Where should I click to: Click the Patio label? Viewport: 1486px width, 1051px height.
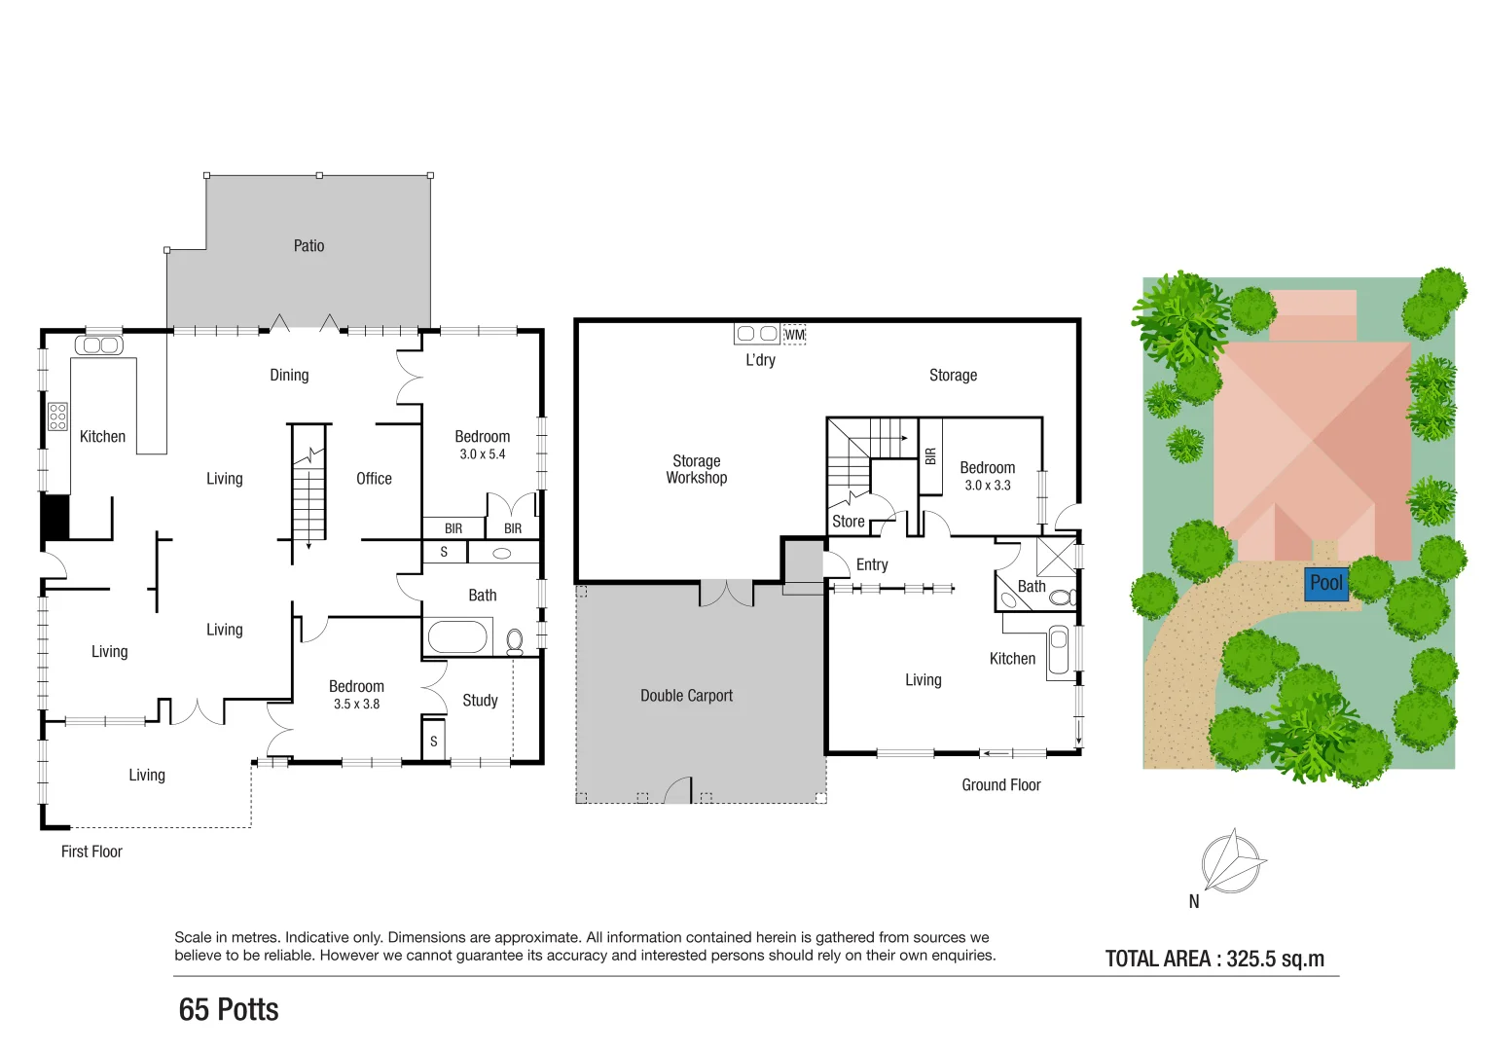click(308, 246)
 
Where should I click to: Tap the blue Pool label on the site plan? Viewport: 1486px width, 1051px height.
click(1325, 583)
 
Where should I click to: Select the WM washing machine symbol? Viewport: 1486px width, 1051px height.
click(795, 335)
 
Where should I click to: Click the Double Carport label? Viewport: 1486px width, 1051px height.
click(686, 696)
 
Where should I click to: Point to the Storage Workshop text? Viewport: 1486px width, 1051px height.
click(697, 469)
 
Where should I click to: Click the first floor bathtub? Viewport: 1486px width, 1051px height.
click(457, 637)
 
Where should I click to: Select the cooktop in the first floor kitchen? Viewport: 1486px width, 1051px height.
click(57, 417)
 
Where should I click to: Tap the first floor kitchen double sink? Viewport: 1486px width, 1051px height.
click(98, 345)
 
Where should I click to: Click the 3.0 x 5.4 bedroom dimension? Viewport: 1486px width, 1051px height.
click(483, 454)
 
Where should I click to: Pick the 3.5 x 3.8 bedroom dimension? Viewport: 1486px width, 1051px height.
click(356, 705)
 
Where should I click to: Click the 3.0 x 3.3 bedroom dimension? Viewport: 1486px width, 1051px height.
click(987, 486)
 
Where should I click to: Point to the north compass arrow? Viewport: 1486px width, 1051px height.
click(1232, 860)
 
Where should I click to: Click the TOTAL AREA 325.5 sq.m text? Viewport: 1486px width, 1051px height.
click(1214, 959)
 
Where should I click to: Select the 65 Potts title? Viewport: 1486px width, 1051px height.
click(229, 1010)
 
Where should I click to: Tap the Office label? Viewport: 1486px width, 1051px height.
click(374, 479)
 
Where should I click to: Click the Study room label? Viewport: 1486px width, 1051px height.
click(480, 701)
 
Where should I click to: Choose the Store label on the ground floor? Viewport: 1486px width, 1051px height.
click(848, 522)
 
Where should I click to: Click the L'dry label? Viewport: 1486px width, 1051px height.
click(760, 360)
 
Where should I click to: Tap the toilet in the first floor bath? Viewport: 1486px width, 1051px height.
click(515, 640)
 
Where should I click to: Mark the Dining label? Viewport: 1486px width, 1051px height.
click(289, 376)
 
